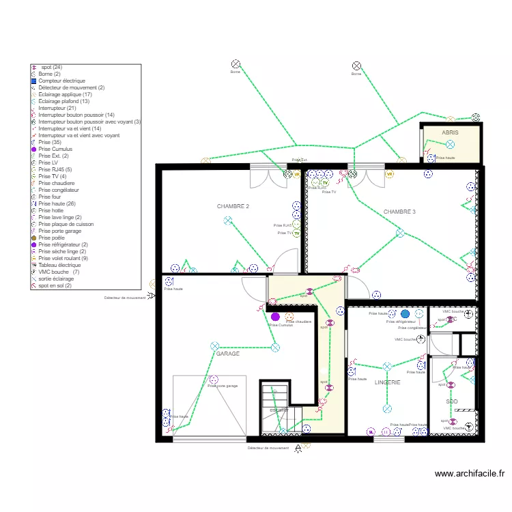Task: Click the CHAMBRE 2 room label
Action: click(233, 206)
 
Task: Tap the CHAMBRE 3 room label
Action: click(399, 212)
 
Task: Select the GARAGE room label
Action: click(228, 354)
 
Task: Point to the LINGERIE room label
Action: click(387, 383)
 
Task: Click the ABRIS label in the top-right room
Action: click(450, 132)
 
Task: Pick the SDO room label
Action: click(452, 402)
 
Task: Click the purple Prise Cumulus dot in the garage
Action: click(275, 317)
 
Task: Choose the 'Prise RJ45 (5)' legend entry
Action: click(57, 169)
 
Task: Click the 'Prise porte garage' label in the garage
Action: click(223, 386)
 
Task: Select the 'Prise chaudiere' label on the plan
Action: click(298, 322)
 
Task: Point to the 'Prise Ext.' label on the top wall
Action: click(299, 160)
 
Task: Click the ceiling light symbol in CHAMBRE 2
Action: click(227, 220)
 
